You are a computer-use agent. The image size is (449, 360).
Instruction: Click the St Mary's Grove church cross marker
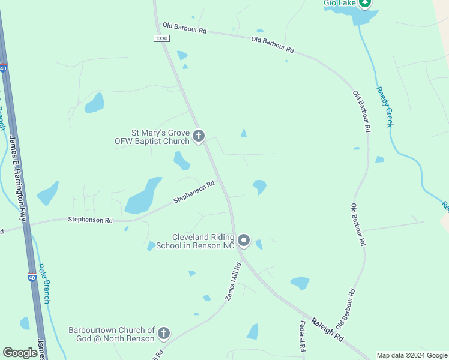point(199,137)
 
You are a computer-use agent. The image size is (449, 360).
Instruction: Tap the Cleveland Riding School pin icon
point(244,241)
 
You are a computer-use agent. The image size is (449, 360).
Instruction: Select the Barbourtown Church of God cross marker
point(163,334)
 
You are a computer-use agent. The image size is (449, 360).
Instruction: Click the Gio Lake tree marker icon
point(365,3)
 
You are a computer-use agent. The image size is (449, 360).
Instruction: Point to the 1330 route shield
point(161,38)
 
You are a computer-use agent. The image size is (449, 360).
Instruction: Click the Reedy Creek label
point(384,106)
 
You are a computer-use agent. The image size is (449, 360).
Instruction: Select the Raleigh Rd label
point(327,329)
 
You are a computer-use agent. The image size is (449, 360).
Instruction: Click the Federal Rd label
point(302,337)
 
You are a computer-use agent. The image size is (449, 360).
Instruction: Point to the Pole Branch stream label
point(44,284)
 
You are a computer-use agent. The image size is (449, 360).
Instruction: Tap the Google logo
point(20,353)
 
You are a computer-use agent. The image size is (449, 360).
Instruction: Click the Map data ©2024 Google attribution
point(411,355)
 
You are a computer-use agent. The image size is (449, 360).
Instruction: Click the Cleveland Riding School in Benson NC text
point(194,241)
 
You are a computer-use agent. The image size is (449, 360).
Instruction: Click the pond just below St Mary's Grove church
point(181,160)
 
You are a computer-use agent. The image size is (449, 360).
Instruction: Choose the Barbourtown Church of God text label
point(112,334)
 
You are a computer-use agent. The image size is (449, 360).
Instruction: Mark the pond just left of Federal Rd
point(252,331)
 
